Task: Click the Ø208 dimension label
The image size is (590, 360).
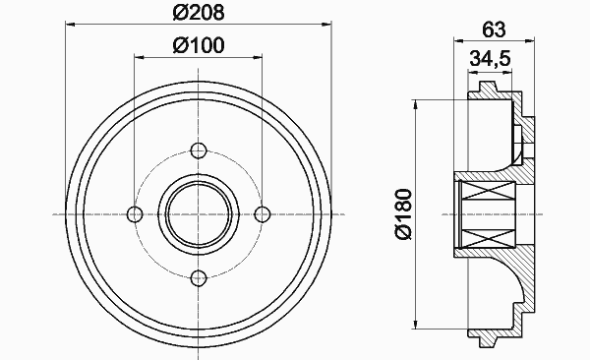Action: point(199,12)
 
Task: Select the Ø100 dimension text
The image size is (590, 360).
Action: point(199,45)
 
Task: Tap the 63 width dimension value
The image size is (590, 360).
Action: point(494,30)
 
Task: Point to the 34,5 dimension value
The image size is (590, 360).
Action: point(490,58)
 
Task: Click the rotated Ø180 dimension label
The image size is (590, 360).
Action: point(404,213)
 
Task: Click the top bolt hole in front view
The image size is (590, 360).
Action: point(199,150)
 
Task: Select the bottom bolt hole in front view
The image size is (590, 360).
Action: point(199,278)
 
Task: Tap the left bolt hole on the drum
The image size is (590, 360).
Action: point(135,214)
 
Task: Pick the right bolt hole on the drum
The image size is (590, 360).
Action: point(263,214)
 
